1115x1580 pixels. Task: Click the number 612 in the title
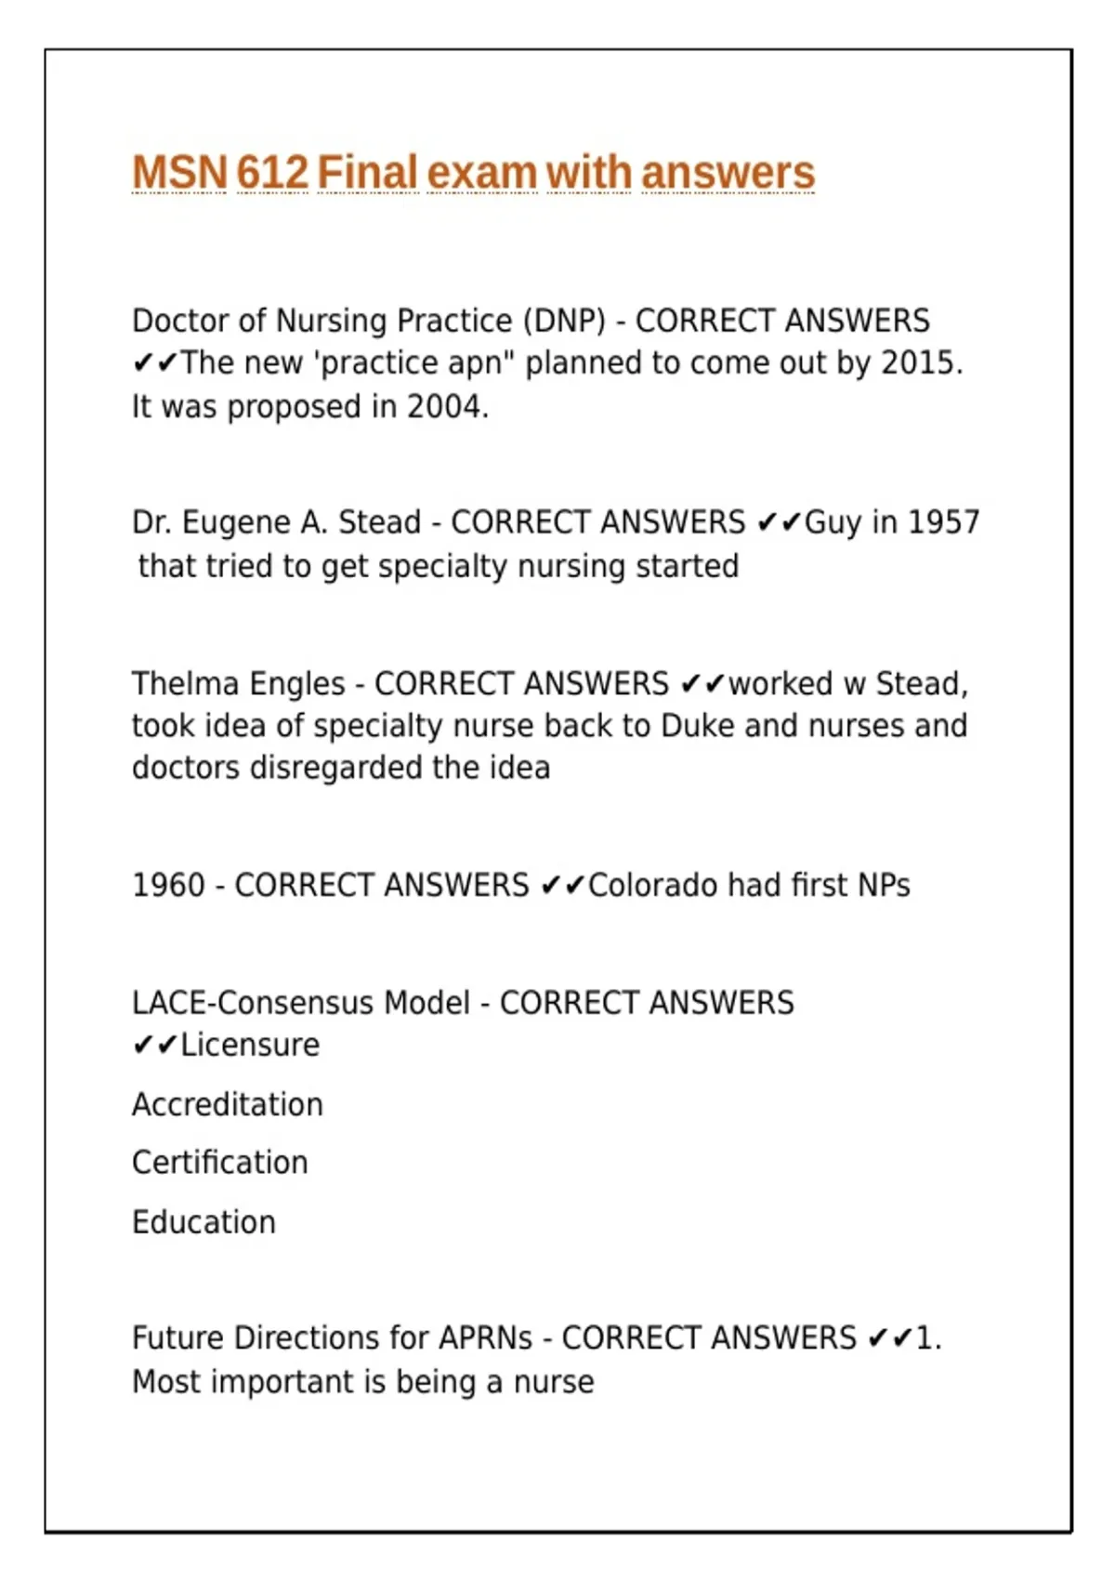(271, 173)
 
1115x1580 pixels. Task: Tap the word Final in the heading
(367, 173)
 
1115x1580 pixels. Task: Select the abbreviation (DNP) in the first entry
(564, 321)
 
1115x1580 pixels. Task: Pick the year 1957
(943, 522)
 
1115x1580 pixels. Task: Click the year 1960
(168, 886)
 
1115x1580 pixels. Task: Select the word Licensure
(249, 1046)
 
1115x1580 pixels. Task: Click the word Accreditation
(228, 1105)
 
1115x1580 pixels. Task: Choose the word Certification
(219, 1163)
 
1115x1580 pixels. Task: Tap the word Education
(203, 1222)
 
